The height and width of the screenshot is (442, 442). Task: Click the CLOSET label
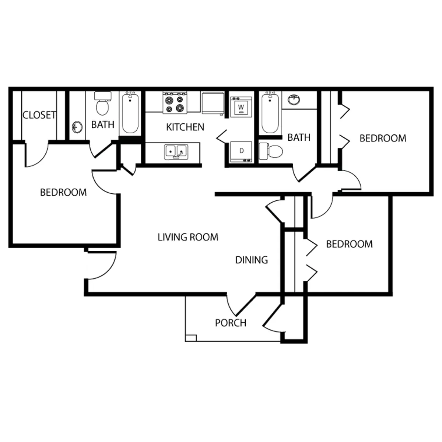[39, 115]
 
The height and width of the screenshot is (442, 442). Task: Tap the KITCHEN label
[185, 127]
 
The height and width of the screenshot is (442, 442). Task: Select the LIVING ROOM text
[188, 237]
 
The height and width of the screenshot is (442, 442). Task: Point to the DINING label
[252, 260]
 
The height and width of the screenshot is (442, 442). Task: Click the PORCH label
[231, 323]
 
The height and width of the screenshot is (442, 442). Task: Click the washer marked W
[241, 107]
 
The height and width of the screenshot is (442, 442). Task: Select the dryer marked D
[241, 152]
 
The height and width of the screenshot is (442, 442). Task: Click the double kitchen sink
[176, 152]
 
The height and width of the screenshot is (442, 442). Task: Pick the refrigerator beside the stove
[213, 103]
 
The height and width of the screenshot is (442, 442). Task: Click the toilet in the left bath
[102, 103]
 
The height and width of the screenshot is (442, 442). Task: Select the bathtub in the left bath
[130, 113]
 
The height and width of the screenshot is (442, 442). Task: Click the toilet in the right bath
[271, 151]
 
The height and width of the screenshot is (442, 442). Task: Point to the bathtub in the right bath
[270, 113]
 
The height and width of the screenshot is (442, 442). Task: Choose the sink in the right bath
[294, 100]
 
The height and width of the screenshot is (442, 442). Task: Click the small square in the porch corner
[191, 338]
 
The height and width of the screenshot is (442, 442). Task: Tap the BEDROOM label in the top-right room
[383, 138]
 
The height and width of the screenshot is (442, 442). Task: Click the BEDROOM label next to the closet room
[63, 192]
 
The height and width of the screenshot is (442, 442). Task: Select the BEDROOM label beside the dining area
[349, 244]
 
